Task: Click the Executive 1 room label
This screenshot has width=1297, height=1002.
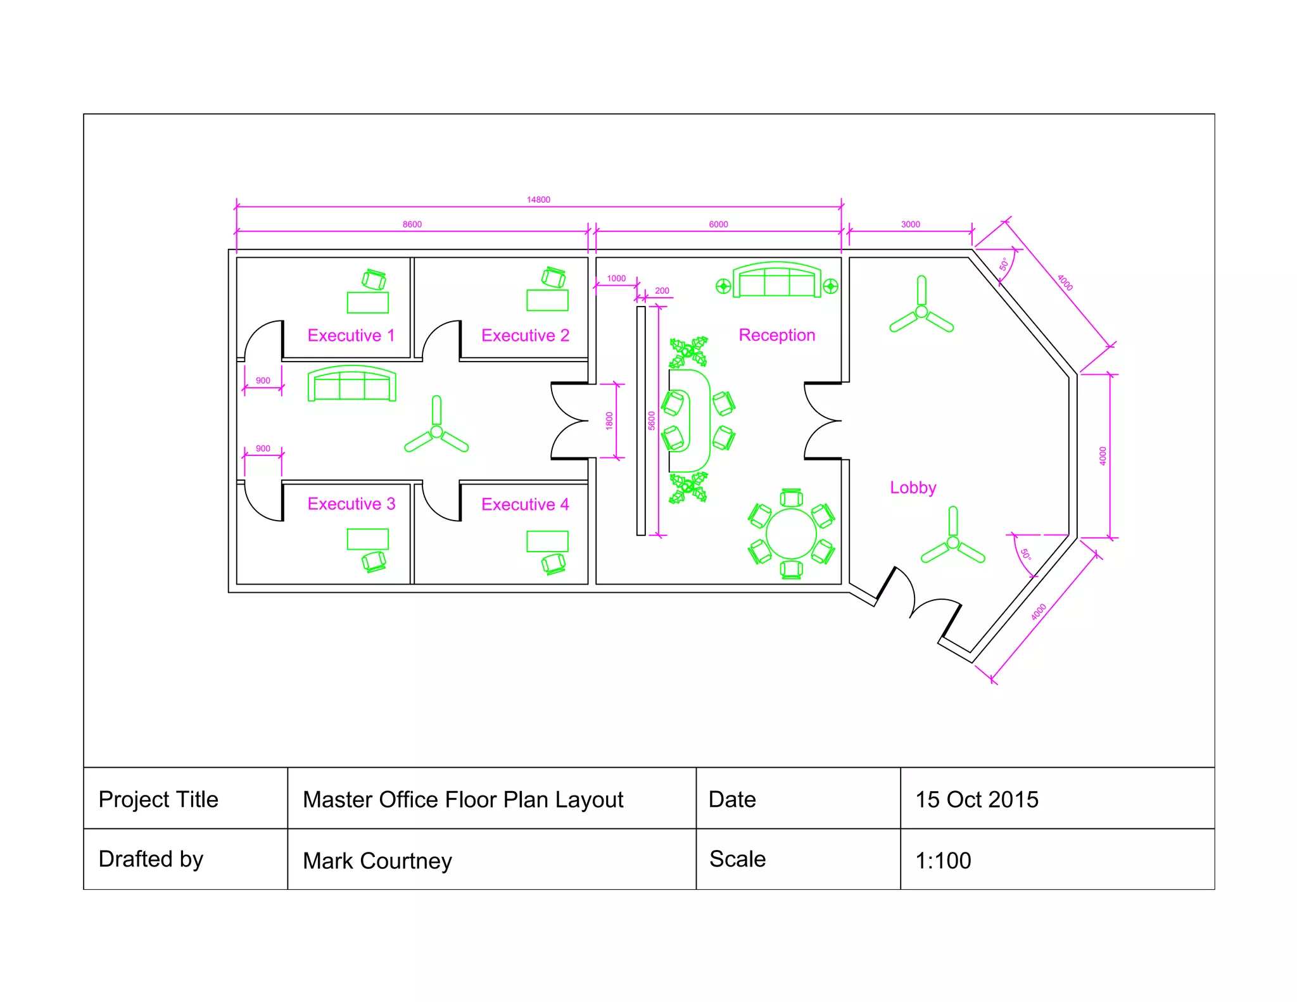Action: [351, 335]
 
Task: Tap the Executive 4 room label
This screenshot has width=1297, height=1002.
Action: [525, 504]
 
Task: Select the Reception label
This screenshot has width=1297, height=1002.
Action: [777, 335]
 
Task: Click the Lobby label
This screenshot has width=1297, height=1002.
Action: [913, 488]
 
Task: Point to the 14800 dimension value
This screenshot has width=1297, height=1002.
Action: [538, 200]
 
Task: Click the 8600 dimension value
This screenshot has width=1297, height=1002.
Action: [412, 224]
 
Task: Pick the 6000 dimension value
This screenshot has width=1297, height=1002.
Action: [718, 224]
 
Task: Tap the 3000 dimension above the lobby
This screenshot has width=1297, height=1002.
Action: [910, 224]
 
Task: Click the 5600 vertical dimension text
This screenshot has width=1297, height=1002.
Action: [652, 421]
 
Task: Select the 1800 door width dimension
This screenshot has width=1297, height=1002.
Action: [609, 421]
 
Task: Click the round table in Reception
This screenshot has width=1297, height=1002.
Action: [791, 533]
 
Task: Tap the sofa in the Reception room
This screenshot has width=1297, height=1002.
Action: [777, 281]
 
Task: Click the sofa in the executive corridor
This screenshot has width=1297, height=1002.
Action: [352, 384]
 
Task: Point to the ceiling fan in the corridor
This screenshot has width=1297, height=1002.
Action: [436, 432]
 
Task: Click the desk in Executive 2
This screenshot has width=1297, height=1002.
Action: [547, 300]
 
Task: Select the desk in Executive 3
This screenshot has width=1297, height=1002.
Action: [367, 539]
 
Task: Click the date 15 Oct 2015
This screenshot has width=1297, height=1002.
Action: [977, 799]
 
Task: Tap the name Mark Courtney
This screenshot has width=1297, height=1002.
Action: [377, 861]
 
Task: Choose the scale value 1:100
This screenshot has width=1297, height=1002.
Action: [943, 861]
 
